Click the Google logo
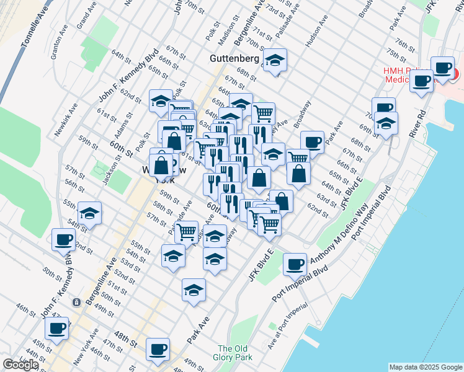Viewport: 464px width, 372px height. coord(20,365)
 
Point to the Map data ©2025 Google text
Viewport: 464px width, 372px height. coord(426,367)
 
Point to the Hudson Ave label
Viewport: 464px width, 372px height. coord(316,35)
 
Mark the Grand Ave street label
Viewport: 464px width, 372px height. coord(85,18)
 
